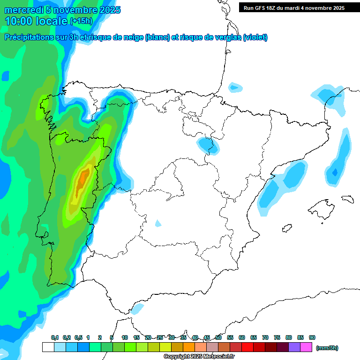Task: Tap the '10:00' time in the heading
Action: coord(19,21)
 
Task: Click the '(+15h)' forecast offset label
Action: coord(81,21)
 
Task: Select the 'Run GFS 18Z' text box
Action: coord(294,8)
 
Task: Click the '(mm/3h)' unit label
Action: coord(327,348)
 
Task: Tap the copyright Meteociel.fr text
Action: coord(199,357)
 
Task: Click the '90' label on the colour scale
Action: coord(312,337)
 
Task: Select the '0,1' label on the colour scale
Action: coord(55,337)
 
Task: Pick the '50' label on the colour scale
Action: coord(218,337)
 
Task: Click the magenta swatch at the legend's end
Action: coord(306,347)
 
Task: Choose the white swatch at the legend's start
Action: coord(48,347)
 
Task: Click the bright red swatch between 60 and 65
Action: coord(247,347)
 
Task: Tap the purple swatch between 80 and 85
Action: coord(294,347)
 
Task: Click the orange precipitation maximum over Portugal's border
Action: coord(84,178)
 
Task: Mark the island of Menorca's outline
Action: coord(347,199)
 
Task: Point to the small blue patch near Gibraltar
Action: coord(137,308)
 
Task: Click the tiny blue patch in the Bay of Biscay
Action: coord(235,87)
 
